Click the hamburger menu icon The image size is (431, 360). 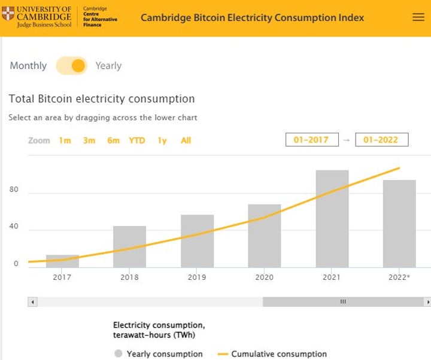pyautogui.click(x=418, y=17)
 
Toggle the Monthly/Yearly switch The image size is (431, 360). pyautogui.click(x=72, y=66)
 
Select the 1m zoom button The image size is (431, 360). pyautogui.click(x=65, y=141)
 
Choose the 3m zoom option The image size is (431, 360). pyautogui.click(x=89, y=141)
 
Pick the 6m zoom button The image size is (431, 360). pyautogui.click(x=113, y=141)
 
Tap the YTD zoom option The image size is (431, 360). pyautogui.click(x=137, y=141)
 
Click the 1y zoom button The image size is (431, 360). pyautogui.click(x=162, y=141)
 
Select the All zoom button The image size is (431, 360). pyautogui.click(x=186, y=141)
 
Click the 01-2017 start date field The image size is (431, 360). pyautogui.click(x=312, y=140)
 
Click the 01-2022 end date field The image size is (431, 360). pyautogui.click(x=381, y=140)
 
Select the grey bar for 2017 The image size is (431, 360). pyautogui.click(x=62, y=261)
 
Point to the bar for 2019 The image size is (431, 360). pyautogui.click(x=197, y=240)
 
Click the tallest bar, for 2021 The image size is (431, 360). pyautogui.click(x=332, y=218)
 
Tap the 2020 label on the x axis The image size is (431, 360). pyautogui.click(x=264, y=277)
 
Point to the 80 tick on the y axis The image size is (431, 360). pyautogui.click(x=14, y=190)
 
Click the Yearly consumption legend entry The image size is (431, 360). pyautogui.click(x=159, y=354)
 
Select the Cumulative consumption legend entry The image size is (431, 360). pyautogui.click(x=272, y=354)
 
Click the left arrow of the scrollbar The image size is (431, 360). pyautogui.click(x=32, y=302)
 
